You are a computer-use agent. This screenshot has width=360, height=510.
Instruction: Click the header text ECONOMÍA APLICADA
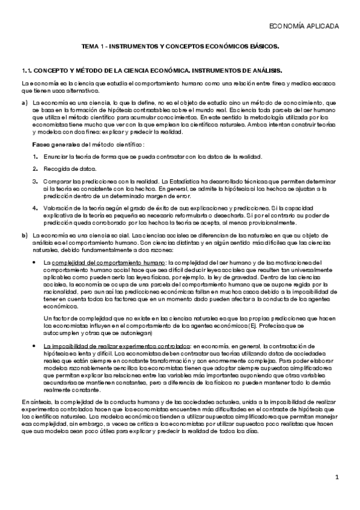pyautogui.click(x=304, y=26)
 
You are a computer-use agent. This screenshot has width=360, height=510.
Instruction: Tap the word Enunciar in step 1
pyautogui.click(x=54, y=156)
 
